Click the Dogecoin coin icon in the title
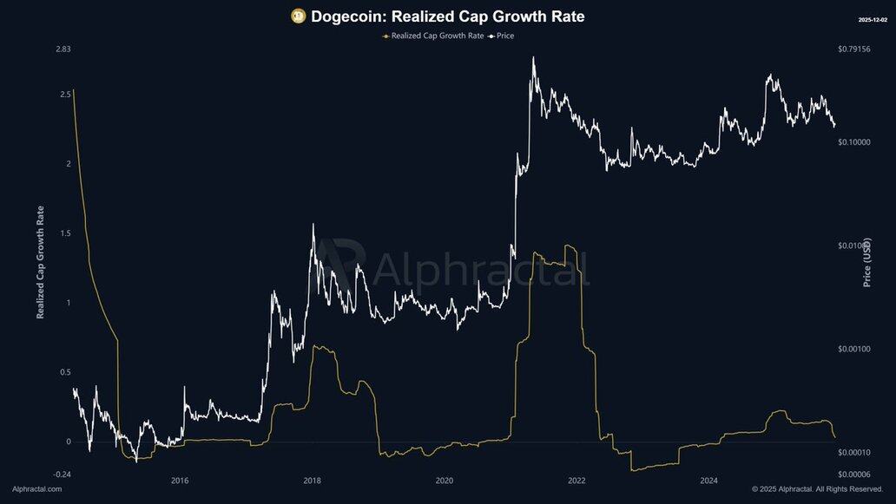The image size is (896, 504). (298, 16)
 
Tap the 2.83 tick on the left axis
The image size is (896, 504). (63, 49)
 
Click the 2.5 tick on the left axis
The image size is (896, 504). (65, 94)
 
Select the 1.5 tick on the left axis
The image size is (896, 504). (65, 233)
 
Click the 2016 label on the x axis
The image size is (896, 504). (180, 481)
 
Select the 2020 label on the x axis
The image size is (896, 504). (445, 481)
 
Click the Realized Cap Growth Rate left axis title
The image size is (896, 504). (41, 261)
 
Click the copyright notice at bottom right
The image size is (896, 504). (817, 489)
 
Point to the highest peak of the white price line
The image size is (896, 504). (533, 58)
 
